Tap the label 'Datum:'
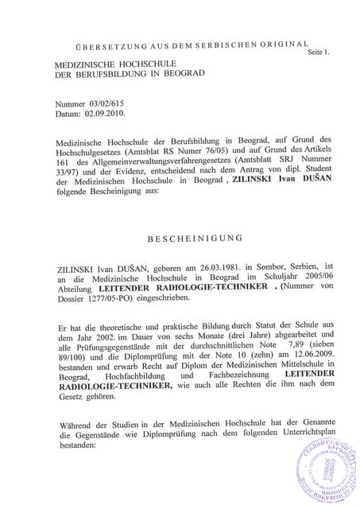66,114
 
